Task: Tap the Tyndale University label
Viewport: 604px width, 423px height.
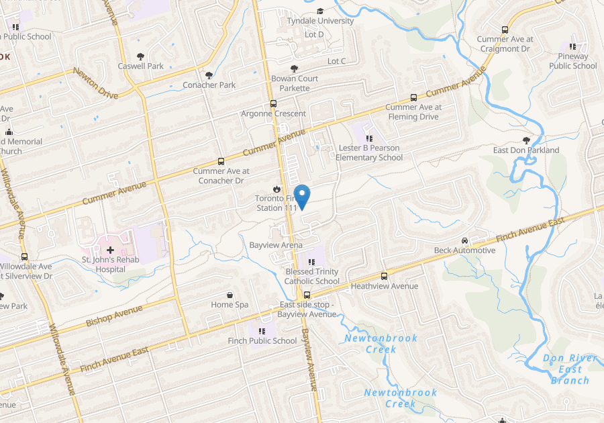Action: tap(320, 21)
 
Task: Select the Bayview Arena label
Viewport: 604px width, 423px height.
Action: tap(276, 246)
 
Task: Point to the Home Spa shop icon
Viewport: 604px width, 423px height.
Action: tap(230, 295)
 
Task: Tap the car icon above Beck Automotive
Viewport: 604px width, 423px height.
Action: tap(464, 240)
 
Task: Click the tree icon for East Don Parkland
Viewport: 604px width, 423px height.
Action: tap(526, 140)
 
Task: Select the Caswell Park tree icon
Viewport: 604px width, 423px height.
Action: tap(141, 56)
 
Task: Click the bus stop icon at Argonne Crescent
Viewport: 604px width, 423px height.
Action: tap(273, 103)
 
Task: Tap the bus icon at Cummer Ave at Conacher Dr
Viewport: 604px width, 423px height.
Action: tap(221, 161)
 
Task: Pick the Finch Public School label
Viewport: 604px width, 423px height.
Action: tap(262, 340)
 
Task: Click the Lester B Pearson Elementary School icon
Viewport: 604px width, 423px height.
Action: tap(369, 138)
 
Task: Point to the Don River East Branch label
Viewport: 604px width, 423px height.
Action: tap(570, 369)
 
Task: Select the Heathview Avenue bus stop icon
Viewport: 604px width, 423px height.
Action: tap(385, 276)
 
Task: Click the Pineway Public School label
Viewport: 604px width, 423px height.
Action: tap(572, 61)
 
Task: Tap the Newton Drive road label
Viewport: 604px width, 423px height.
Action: tap(95, 83)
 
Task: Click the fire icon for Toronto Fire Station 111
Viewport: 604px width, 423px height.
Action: tap(276, 189)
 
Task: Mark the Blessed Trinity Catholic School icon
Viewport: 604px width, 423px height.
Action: tap(310, 262)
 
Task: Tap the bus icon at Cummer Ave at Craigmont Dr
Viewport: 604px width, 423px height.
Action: tap(505, 30)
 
